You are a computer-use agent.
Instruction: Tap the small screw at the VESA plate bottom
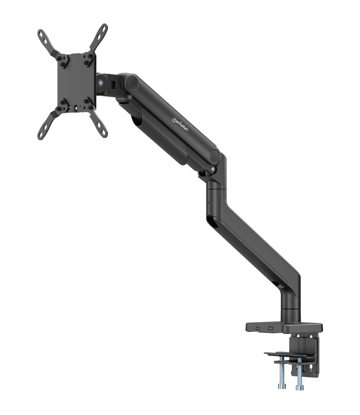pos(74,109)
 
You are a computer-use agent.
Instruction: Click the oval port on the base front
pos(258,328)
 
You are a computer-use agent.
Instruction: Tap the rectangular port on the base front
pos(270,328)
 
